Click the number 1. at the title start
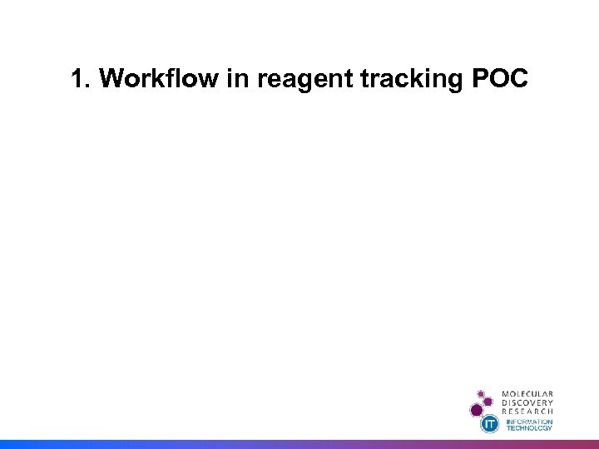[x=82, y=79]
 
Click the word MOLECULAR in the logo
[x=527, y=393]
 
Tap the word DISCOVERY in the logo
[x=527, y=402]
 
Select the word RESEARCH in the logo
[x=527, y=412]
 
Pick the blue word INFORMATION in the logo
[x=529, y=422]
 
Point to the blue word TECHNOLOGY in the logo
[x=529, y=428]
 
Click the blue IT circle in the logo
[x=491, y=424]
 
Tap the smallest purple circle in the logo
[x=480, y=393]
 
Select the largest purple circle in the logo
[x=477, y=409]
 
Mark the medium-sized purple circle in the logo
[x=489, y=401]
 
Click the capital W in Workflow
[x=111, y=79]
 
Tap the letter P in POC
[x=479, y=79]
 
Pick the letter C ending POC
[x=518, y=79]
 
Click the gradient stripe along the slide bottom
[x=299, y=444]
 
